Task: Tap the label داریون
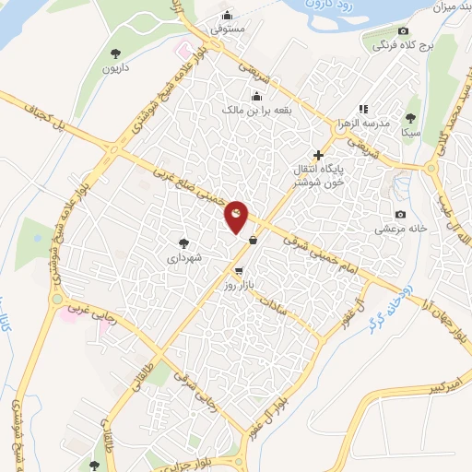click(x=115, y=68)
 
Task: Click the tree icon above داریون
click(x=115, y=53)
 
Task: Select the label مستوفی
click(x=228, y=29)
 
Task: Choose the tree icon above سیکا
click(x=410, y=118)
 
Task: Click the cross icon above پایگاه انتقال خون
click(x=319, y=154)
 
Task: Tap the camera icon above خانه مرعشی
click(x=401, y=214)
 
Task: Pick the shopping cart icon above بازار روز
click(x=239, y=272)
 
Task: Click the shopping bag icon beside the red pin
click(x=253, y=242)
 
